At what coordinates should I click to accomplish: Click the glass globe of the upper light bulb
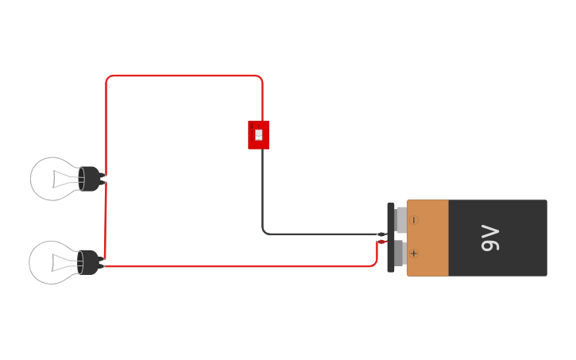click(48, 178)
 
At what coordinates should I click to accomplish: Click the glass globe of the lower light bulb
click(46, 262)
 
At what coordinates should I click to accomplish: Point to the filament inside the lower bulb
click(64, 262)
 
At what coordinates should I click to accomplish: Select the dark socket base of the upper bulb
click(91, 179)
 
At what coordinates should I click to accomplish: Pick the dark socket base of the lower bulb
click(89, 262)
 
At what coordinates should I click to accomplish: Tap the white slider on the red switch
click(259, 134)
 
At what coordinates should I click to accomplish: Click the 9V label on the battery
click(490, 238)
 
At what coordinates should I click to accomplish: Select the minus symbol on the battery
click(414, 220)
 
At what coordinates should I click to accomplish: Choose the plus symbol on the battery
click(414, 254)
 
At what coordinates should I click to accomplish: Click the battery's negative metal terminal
click(401, 220)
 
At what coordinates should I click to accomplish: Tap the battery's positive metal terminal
click(400, 254)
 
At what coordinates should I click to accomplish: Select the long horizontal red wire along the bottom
click(238, 267)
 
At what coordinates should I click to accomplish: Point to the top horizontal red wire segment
click(183, 76)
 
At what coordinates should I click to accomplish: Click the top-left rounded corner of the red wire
click(108, 79)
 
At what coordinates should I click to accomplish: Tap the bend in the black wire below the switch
click(265, 232)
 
